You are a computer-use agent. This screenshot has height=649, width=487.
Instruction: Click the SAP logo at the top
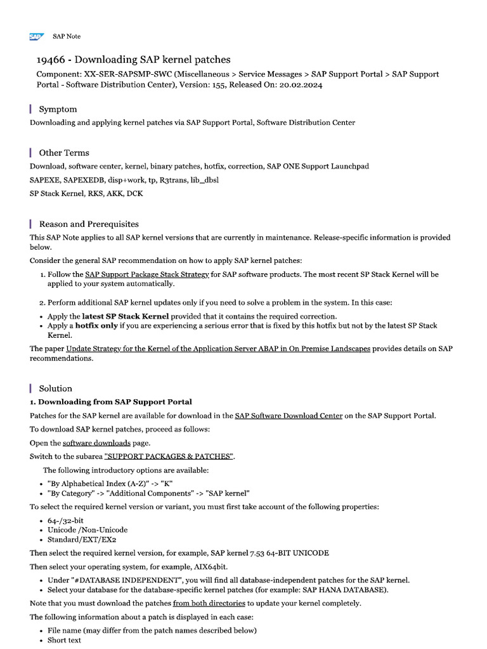pos(36,37)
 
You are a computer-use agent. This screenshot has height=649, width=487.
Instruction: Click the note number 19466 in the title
pos(51,60)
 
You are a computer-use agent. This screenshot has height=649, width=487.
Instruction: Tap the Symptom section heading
pos(58,109)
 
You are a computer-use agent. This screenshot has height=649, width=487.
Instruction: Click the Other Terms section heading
pos(64,153)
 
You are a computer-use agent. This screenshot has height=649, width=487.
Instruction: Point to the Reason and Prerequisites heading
pos(89,224)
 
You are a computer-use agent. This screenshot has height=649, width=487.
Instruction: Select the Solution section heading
pos(56,389)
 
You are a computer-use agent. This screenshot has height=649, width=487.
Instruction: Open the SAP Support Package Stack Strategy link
pos(147,274)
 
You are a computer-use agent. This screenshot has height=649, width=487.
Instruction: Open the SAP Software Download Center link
pos(289,416)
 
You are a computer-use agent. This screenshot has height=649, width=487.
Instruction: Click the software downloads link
pos(96,443)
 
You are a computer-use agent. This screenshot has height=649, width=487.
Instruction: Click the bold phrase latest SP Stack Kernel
pos(126,316)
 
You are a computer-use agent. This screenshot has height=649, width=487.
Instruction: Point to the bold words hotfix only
pos(97,326)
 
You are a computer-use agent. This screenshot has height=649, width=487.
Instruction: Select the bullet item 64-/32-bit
pos(65,520)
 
